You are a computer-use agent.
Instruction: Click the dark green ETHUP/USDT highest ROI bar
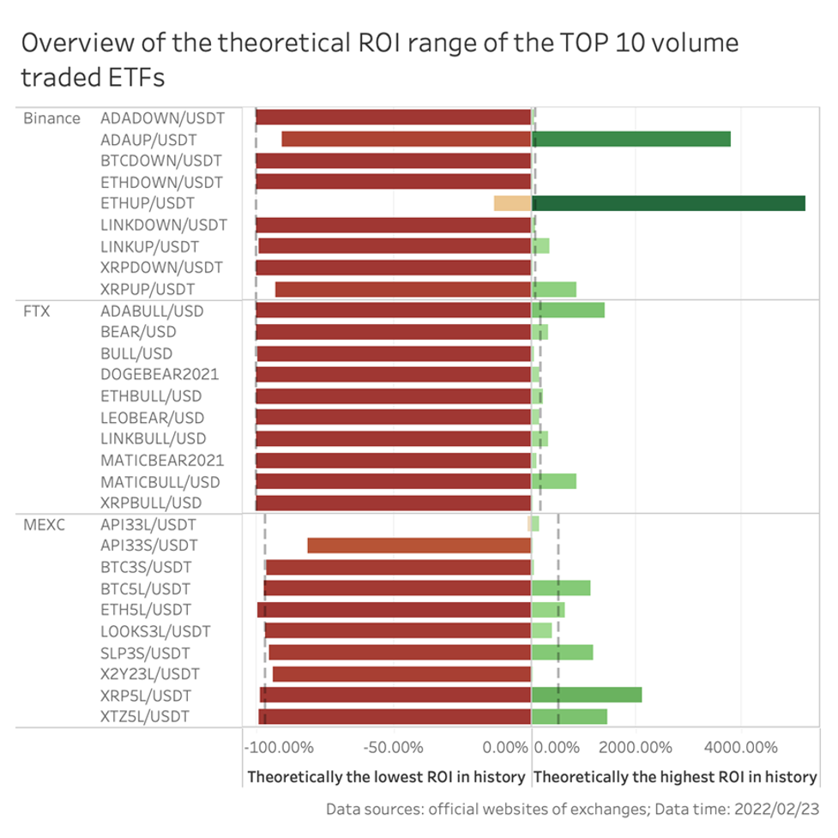(668, 203)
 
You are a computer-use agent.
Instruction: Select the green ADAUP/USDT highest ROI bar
(631, 139)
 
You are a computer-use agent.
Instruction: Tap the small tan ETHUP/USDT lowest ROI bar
(512, 203)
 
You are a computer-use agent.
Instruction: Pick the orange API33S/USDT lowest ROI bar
(419, 546)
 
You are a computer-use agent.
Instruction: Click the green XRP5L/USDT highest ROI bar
(587, 695)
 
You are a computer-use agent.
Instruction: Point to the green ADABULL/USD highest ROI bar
(568, 310)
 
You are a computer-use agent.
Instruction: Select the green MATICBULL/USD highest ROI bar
(554, 481)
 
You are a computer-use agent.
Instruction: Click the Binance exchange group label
(51, 118)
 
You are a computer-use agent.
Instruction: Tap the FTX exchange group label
(36, 310)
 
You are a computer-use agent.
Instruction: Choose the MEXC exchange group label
(42, 524)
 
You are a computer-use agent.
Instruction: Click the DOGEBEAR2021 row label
(159, 375)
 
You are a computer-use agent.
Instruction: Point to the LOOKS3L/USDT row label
(154, 631)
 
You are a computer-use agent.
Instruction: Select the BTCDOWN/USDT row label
(160, 160)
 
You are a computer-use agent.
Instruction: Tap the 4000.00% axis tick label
(740, 747)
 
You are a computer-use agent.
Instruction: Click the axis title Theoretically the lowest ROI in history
(386, 776)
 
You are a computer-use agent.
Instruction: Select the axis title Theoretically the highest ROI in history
(674, 776)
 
